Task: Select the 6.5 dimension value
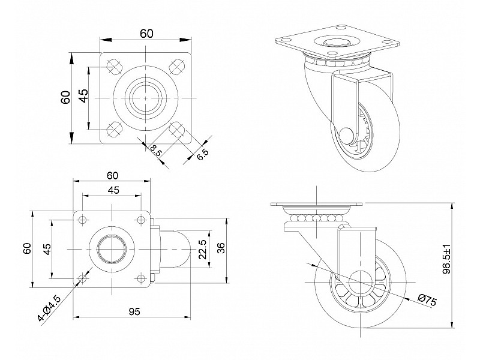click(x=202, y=155)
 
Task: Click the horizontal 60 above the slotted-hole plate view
click(x=146, y=34)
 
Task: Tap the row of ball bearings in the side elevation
click(x=316, y=217)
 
